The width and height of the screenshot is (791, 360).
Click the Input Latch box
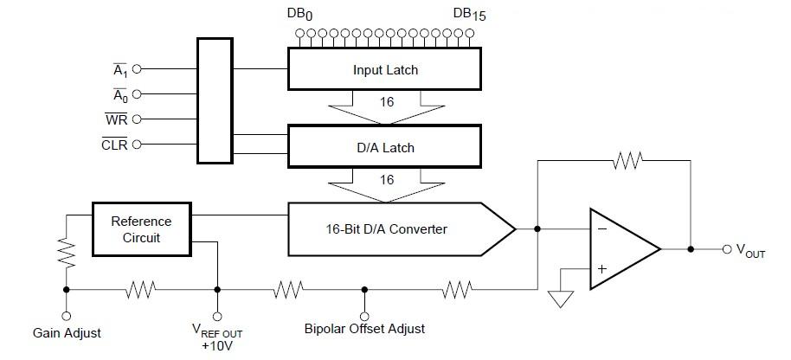[385, 69]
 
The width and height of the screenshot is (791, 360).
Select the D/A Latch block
[385, 147]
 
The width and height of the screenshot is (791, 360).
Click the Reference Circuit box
[141, 229]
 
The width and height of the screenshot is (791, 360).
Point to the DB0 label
[299, 14]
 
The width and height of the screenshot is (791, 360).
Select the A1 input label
[119, 67]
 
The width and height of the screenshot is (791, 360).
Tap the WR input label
[117, 119]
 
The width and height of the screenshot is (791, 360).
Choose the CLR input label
[114, 145]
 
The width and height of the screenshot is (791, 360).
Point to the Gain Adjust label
[67, 332]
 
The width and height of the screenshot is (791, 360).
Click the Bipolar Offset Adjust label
[364, 329]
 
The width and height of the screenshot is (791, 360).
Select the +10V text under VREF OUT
[217, 346]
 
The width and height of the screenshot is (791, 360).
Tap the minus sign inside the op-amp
[601, 230]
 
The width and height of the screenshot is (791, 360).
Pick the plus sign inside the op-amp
[601, 269]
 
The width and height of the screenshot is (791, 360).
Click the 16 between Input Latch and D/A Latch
[387, 102]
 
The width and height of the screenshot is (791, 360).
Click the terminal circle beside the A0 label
[136, 93]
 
